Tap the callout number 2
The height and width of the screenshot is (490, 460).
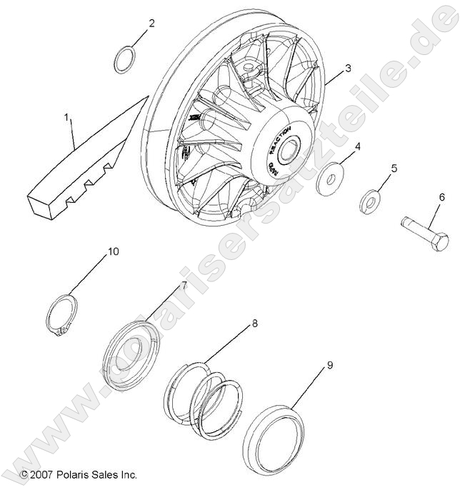tap(151, 24)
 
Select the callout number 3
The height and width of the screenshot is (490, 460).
tap(347, 69)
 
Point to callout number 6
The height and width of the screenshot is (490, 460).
tap(442, 197)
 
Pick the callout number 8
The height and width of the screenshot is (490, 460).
tap(254, 324)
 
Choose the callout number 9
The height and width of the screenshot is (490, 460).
tap(329, 365)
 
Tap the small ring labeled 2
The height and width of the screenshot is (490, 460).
tap(124, 60)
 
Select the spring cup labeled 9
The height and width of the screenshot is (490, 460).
tap(274, 436)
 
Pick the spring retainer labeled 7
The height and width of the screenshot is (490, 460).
tap(136, 351)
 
